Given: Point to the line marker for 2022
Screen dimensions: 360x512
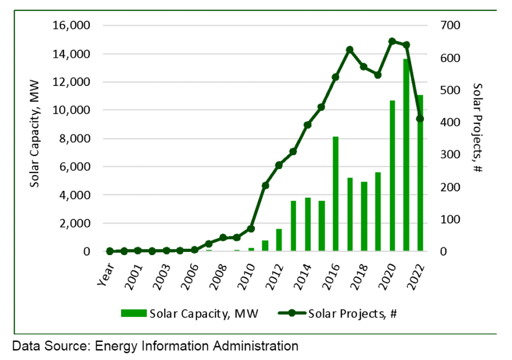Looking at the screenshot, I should pyautogui.click(x=420, y=118).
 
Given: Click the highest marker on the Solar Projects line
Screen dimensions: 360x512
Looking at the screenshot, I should pyautogui.click(x=392, y=41).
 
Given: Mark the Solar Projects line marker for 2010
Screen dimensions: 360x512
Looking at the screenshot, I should pyautogui.click(x=251, y=228).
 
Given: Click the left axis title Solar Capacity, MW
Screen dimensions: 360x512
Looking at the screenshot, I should pyautogui.click(x=35, y=138).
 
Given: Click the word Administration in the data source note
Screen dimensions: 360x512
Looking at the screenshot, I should pyautogui.click(x=251, y=345).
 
